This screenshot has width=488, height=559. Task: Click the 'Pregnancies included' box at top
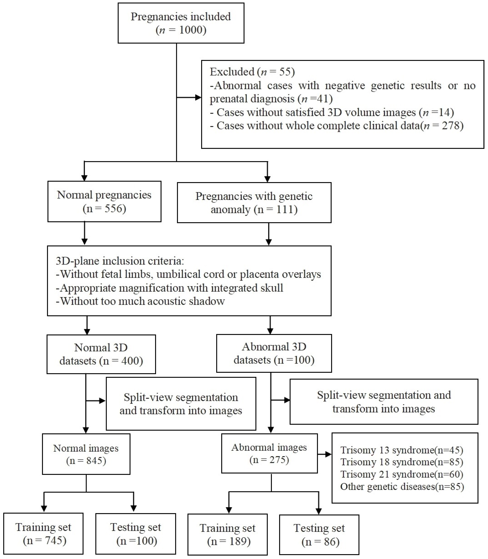[181, 23]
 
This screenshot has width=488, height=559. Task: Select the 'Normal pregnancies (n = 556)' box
[104, 202]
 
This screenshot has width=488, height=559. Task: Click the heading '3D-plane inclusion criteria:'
[120, 261]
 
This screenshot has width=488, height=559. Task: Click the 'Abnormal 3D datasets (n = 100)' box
[274, 353]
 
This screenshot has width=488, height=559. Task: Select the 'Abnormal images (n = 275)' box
[269, 453]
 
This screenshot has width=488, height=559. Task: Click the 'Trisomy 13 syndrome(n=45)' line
[402, 450]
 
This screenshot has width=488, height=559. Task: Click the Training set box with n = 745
[43, 534]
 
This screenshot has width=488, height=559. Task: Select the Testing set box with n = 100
[136, 534]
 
